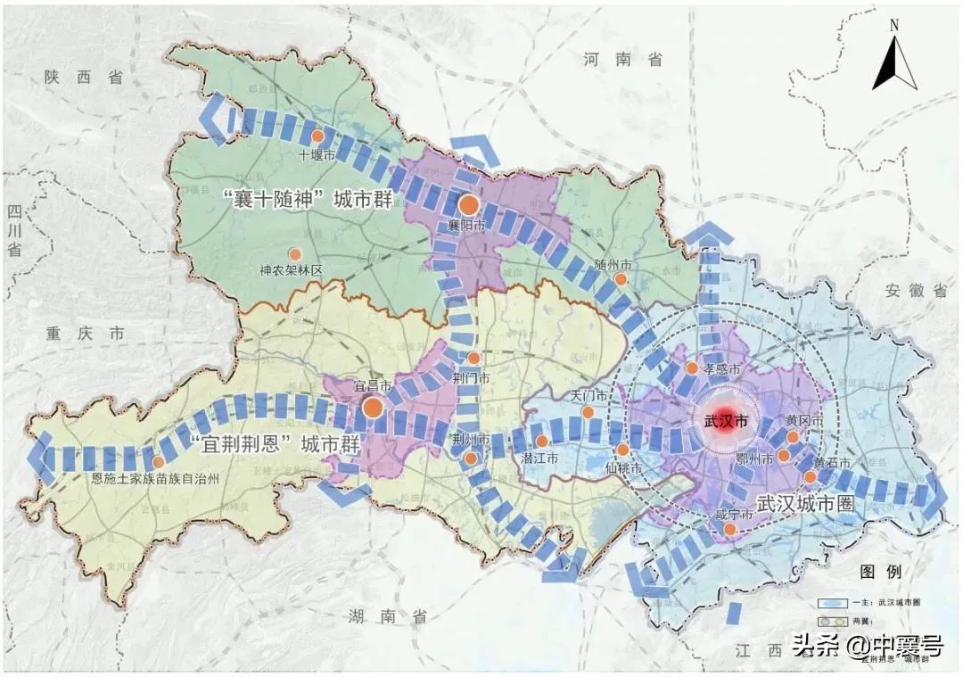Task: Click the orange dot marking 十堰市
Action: tap(317, 136)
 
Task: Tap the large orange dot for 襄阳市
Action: tap(469, 203)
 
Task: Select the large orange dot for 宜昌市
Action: tap(373, 408)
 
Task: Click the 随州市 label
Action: tap(613, 266)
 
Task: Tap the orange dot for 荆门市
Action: tap(474, 358)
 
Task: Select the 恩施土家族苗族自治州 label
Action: tap(155, 478)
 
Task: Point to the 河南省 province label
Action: tap(623, 60)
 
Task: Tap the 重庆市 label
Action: tap(86, 334)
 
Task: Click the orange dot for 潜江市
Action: tap(541, 441)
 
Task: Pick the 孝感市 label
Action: tap(720, 368)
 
